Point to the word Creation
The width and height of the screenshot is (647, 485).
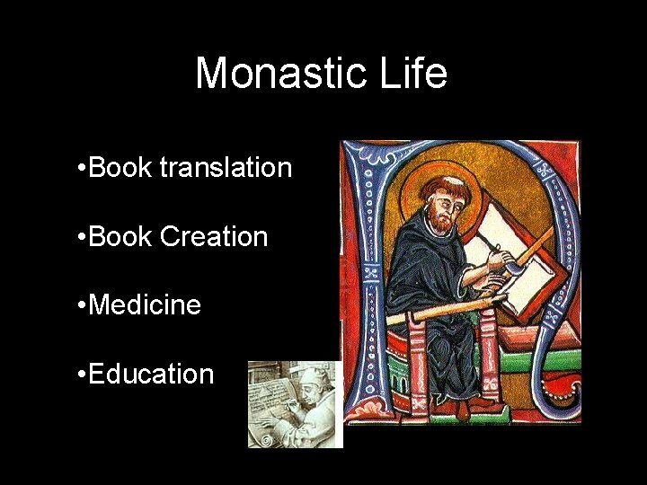[x=214, y=237]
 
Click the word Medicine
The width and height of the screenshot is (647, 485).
[x=146, y=305]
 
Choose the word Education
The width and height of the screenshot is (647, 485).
[x=152, y=374]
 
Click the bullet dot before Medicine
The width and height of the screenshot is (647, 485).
[x=82, y=306]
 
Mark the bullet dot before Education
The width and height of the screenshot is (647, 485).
[x=82, y=375]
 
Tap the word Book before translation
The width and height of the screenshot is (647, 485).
[x=121, y=168]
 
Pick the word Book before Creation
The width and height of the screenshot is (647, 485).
[x=121, y=237]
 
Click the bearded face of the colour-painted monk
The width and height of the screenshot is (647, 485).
[x=441, y=206]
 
